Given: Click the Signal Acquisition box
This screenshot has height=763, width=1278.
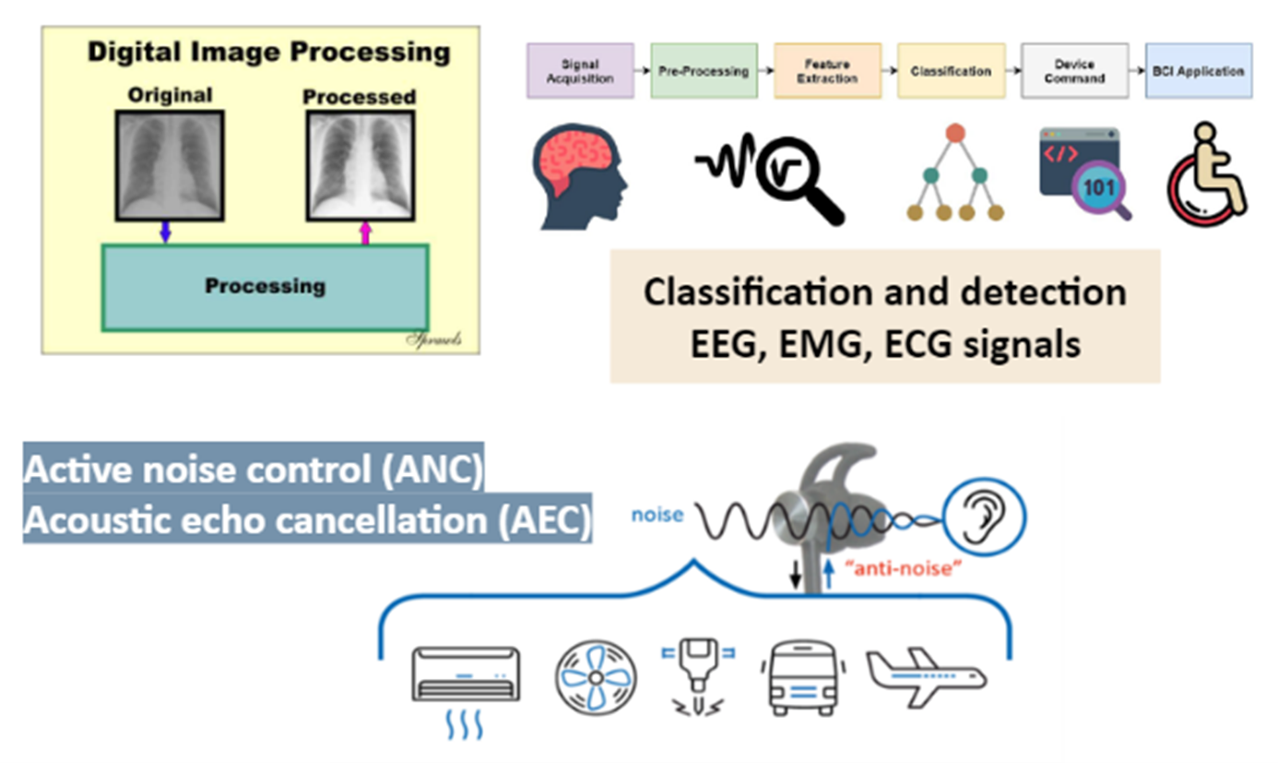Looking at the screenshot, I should click(x=580, y=71).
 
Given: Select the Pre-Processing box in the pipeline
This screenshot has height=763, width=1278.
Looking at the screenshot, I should click(x=704, y=71).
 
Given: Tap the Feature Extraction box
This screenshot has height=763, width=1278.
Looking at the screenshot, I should click(x=827, y=71).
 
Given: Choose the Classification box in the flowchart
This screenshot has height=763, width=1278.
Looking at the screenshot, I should click(x=951, y=71).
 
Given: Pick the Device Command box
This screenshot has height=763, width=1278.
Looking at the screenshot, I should click(x=1074, y=71).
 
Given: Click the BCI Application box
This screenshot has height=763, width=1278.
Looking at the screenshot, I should click(x=1199, y=71).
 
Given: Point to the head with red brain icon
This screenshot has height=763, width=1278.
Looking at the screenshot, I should click(x=579, y=176).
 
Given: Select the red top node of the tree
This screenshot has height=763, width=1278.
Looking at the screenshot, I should click(x=955, y=133).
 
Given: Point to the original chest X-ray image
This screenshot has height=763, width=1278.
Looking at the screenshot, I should click(x=170, y=165).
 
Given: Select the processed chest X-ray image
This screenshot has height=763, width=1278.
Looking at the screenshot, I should click(x=360, y=165).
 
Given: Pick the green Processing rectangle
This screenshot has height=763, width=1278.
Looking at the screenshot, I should click(x=265, y=287).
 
